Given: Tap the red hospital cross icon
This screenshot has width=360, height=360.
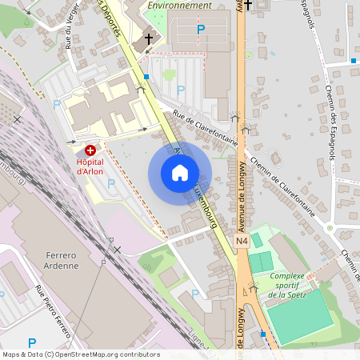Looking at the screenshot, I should point(90,150).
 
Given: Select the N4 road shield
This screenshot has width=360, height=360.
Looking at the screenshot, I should point(242,241).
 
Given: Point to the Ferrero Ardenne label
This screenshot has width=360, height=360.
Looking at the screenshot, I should point(57,261).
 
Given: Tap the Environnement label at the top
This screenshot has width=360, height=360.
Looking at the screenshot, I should point(180,5).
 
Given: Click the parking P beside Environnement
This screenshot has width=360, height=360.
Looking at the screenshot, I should point(201,30).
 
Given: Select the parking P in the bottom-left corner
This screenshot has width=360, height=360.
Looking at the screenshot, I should point(32,342).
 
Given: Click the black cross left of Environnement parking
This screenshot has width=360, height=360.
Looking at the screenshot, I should point(148,38).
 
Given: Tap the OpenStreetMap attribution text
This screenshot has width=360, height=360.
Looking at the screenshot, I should point(81,354).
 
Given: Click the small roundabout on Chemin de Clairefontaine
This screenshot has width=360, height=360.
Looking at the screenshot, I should point(330,228).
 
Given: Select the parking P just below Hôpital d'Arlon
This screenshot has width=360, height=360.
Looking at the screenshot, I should point(110,183).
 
